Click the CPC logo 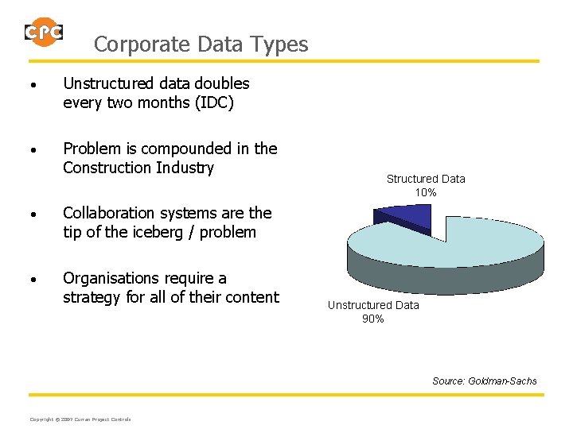(x=44, y=32)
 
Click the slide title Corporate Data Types (x=201, y=44)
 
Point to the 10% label (x=426, y=192)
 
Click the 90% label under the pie (x=373, y=319)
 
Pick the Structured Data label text (x=426, y=179)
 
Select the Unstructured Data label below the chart (x=373, y=305)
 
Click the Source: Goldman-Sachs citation (x=484, y=381)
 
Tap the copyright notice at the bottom (x=80, y=419)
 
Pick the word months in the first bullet (x=165, y=102)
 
